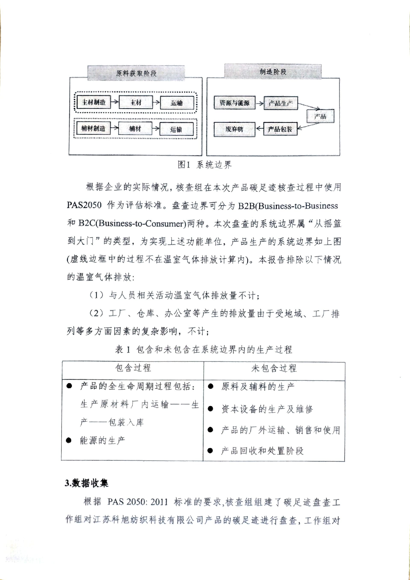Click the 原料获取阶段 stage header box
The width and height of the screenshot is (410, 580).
(136, 73)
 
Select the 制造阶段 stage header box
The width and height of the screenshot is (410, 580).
(273, 72)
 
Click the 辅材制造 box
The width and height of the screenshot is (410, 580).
(93, 128)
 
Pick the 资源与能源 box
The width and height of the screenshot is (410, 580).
(234, 103)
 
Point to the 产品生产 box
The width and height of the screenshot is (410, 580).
(280, 103)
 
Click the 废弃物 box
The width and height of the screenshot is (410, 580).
(234, 129)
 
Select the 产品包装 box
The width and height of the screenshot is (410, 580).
(280, 129)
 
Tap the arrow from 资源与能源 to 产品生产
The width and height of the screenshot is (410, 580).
(259, 103)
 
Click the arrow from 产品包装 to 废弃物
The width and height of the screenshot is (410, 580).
(259, 129)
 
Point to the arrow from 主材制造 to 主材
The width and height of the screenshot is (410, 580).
(115, 102)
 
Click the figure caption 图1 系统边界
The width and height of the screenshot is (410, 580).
(205, 165)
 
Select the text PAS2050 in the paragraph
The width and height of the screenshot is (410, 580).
(84, 205)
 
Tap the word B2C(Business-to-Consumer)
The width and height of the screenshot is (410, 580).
(132, 223)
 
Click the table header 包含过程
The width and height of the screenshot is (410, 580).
(133, 368)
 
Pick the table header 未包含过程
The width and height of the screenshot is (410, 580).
(274, 368)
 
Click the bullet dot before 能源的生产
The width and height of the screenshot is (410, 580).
(69, 440)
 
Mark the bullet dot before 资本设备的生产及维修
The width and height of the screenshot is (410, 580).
(210, 409)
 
